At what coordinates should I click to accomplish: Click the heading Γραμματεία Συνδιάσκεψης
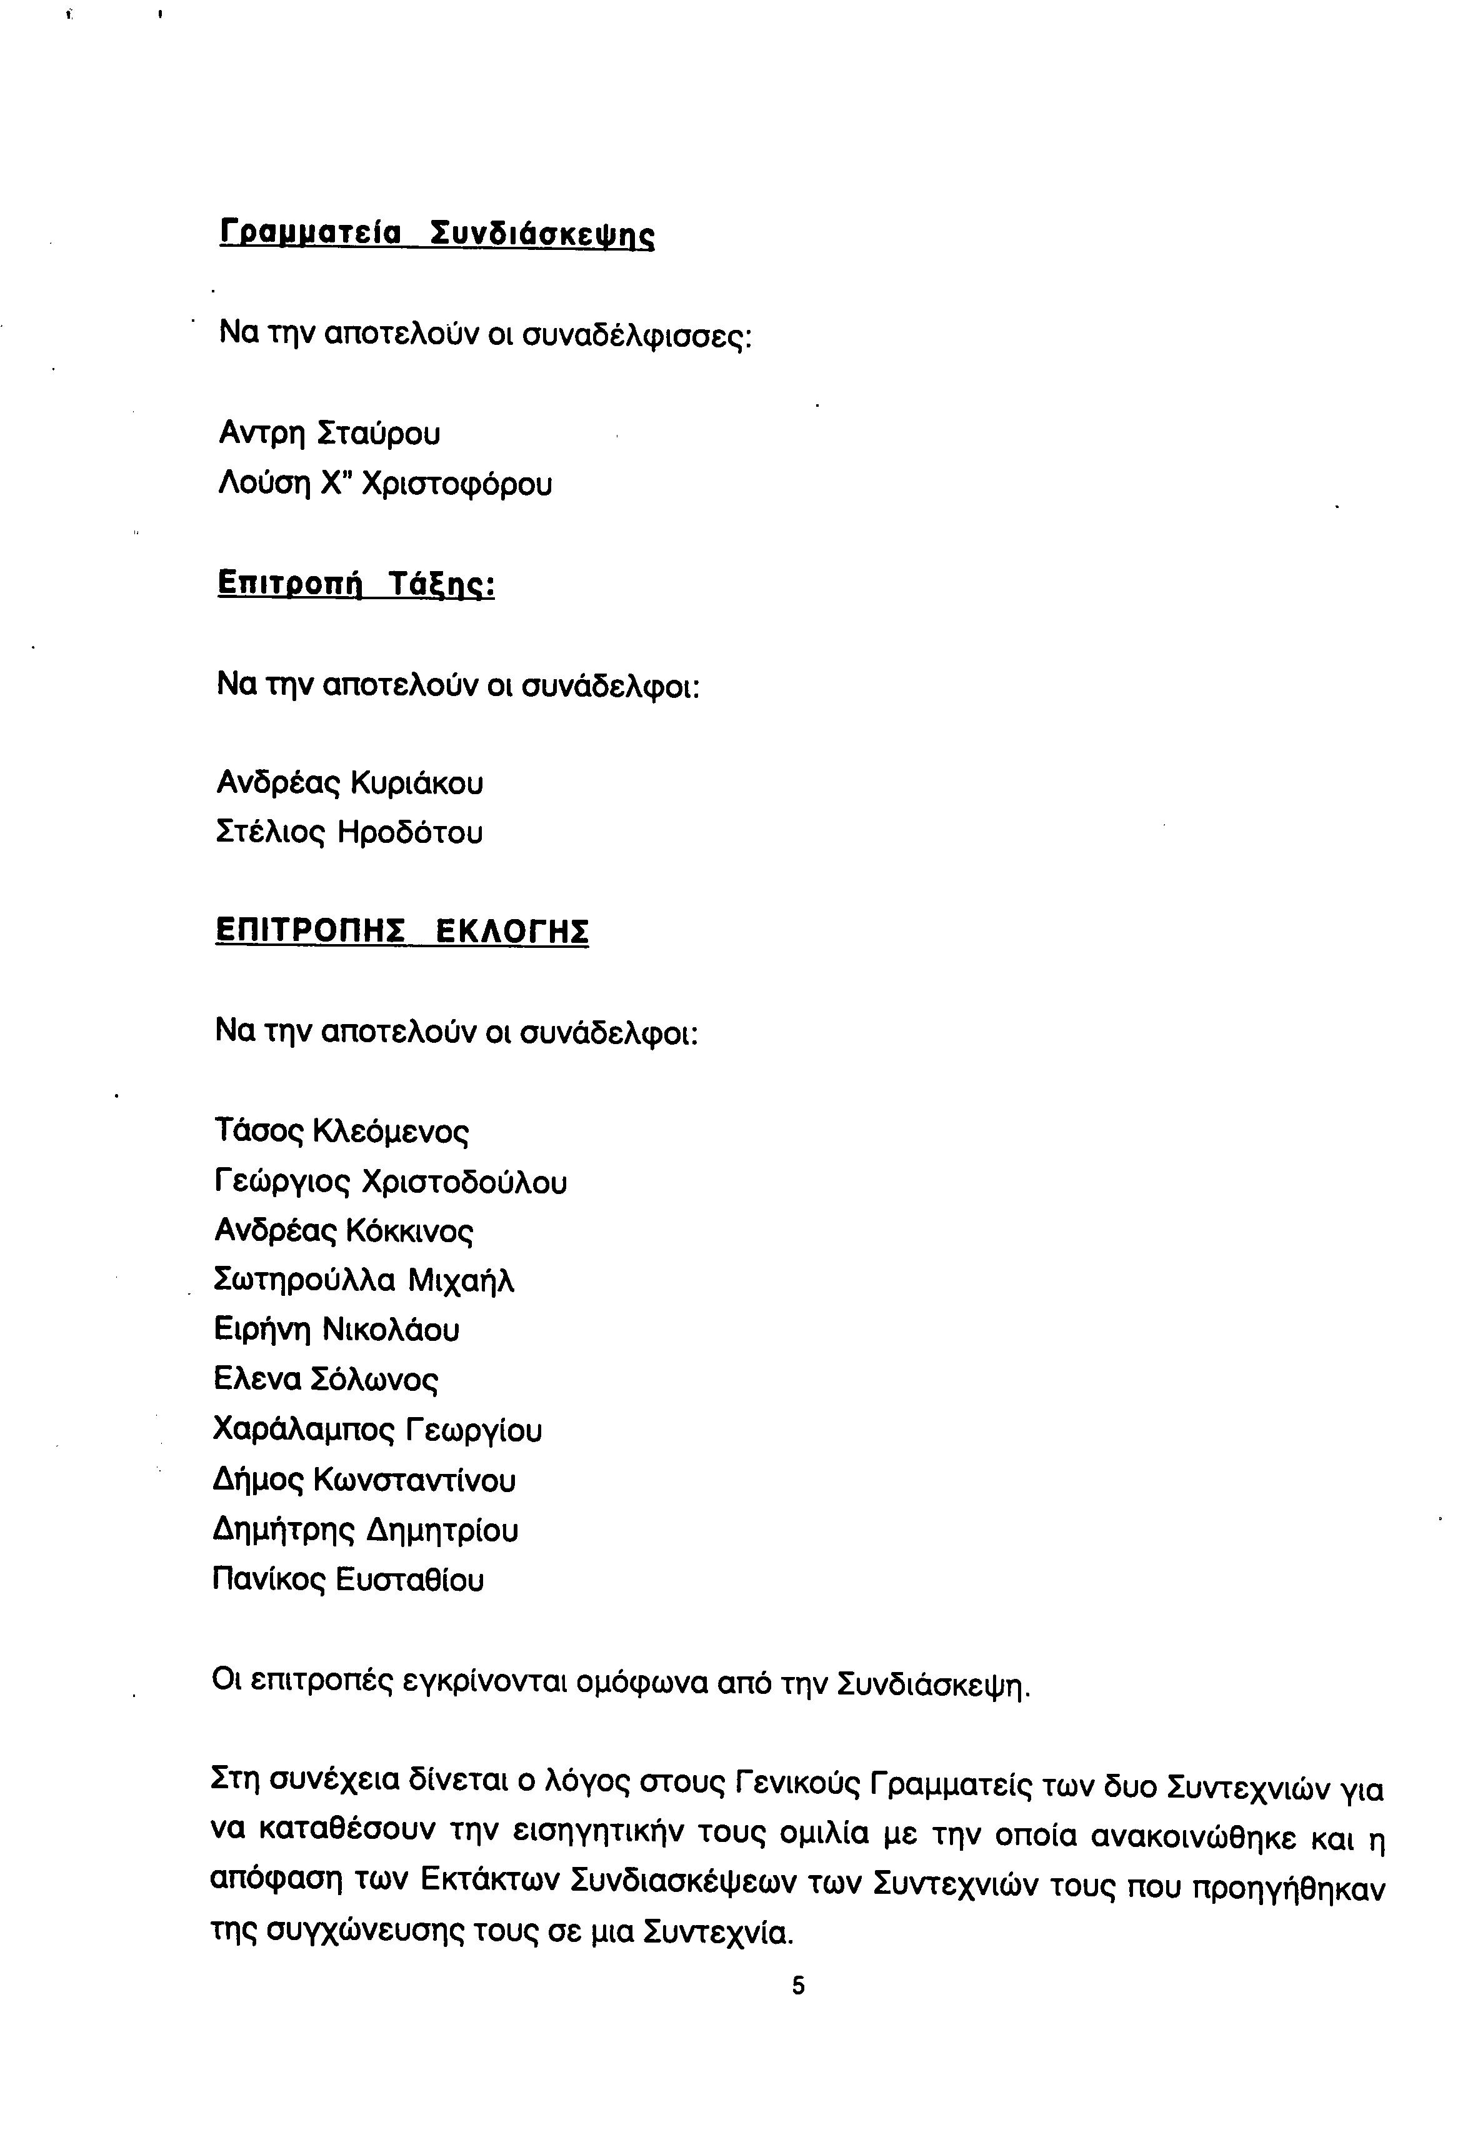point(437,233)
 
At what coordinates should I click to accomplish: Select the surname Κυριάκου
point(416,784)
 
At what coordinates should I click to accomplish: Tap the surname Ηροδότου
point(410,833)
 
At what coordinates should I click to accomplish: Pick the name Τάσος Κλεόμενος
point(341,1132)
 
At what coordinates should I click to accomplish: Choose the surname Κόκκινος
point(409,1232)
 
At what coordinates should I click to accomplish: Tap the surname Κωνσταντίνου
point(414,1480)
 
